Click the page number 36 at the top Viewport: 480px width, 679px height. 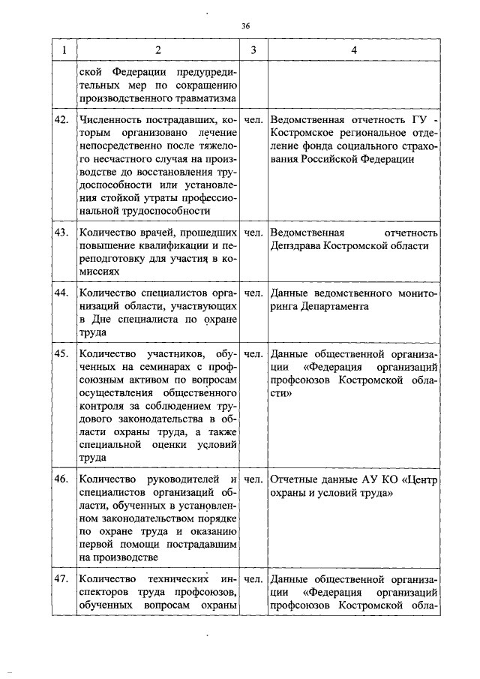(245, 26)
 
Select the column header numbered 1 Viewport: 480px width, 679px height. (63, 50)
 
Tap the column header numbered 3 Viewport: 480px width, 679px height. (253, 50)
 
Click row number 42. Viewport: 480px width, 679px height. (63, 119)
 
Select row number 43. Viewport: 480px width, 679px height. (63, 233)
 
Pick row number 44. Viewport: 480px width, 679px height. (63, 293)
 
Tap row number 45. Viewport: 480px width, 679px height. (63, 353)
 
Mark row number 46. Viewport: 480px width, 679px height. (63, 479)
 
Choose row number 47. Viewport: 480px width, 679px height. (63, 579)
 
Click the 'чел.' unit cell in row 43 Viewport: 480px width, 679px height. (253, 233)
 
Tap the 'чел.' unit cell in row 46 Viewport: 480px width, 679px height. (253, 479)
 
